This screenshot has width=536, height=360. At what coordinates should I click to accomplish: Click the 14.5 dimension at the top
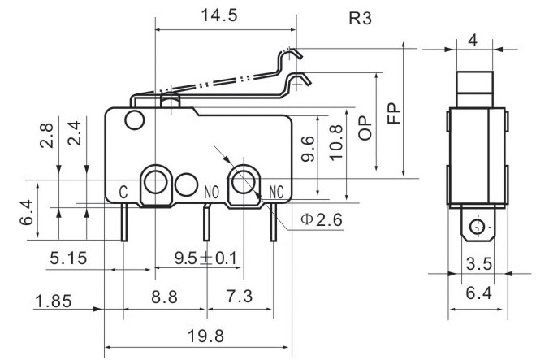click(x=218, y=15)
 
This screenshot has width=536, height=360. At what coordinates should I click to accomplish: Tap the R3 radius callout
click(x=360, y=18)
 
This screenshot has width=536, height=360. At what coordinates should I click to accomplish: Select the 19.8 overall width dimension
click(x=206, y=336)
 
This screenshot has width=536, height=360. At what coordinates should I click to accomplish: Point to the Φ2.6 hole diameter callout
click(x=322, y=219)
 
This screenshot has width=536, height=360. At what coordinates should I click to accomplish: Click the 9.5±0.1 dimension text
click(x=205, y=258)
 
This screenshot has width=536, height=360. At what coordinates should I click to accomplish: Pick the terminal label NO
click(x=211, y=193)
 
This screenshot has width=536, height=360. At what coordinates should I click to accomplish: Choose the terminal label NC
click(x=276, y=193)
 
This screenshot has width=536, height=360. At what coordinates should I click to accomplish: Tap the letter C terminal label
click(x=123, y=193)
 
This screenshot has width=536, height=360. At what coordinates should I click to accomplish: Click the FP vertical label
click(x=394, y=113)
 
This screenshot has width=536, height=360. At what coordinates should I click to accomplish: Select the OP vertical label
click(x=365, y=128)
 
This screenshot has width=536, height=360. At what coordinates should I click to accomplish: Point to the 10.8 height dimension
click(x=336, y=142)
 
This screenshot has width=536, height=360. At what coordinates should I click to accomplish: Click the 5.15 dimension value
click(x=68, y=258)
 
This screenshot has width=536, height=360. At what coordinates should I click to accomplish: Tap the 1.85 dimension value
click(x=54, y=301)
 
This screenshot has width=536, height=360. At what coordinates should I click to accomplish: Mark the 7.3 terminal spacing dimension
click(x=240, y=297)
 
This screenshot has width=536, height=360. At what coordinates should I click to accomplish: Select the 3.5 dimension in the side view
click(x=479, y=264)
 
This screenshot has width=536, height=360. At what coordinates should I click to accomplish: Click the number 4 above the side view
click(x=473, y=41)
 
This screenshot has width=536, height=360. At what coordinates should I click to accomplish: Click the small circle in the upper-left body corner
click(x=135, y=119)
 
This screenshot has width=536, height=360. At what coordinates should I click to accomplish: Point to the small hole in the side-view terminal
click(x=477, y=227)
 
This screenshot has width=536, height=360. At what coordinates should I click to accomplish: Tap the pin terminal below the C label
click(x=124, y=222)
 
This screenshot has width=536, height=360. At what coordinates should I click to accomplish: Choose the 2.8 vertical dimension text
click(x=46, y=136)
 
